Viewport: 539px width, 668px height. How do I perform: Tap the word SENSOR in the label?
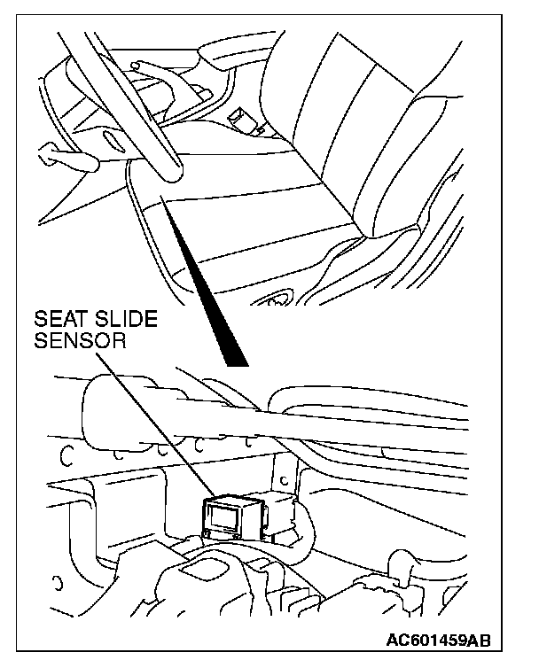(x=81, y=341)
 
